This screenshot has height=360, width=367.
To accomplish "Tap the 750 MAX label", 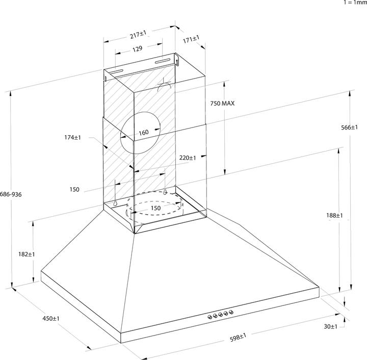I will pyautogui.click(x=222, y=104).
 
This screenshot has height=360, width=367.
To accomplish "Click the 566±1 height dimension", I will pyautogui.click(x=349, y=127).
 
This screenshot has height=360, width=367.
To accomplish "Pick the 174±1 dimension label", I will pyautogui.click(x=73, y=138).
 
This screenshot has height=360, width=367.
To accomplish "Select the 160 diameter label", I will pyautogui.click(x=143, y=133).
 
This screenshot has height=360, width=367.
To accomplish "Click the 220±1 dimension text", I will pyautogui.click(x=188, y=158).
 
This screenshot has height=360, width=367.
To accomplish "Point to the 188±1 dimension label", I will pyautogui.click(x=335, y=216).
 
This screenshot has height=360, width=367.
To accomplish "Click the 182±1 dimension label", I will pyautogui.click(x=25, y=254).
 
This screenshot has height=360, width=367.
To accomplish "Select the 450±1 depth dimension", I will pyautogui.click(x=51, y=319).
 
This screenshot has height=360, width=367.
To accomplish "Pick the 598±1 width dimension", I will pyautogui.click(x=237, y=337).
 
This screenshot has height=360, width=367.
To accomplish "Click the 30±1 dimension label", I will pyautogui.click(x=331, y=326).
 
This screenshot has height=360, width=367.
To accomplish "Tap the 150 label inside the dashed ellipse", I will pyautogui.click(x=155, y=208).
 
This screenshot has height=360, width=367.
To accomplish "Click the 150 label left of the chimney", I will pyautogui.click(x=74, y=189).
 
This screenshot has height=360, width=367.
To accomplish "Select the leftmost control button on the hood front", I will pyautogui.click(x=209, y=317).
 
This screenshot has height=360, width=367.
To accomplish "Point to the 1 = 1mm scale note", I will pyautogui.click(x=355, y=3).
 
